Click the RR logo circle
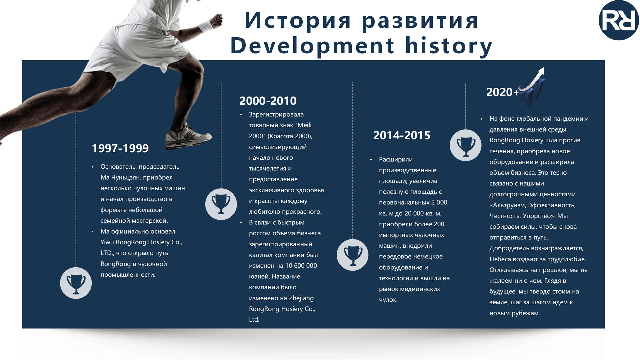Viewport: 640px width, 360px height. (x=619, y=21)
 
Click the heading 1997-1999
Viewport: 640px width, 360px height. (x=120, y=148)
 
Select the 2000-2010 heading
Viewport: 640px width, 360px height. (x=268, y=101)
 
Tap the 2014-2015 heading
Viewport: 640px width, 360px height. (x=402, y=135)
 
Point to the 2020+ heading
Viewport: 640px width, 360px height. (x=503, y=92)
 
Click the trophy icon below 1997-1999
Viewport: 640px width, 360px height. (x=76, y=283)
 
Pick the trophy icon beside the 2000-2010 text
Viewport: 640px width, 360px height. (x=221, y=204)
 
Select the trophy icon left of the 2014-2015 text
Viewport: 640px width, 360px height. (x=353, y=255)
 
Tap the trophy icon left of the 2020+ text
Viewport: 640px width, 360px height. (x=466, y=145)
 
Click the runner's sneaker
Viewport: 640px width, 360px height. (x=188, y=135)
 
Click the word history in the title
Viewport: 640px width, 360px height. (x=449, y=46)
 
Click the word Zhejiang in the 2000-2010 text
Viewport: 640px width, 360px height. (x=301, y=298)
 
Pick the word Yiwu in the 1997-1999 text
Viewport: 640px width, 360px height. (x=107, y=242)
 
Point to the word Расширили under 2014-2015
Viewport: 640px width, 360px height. (x=396, y=160)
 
